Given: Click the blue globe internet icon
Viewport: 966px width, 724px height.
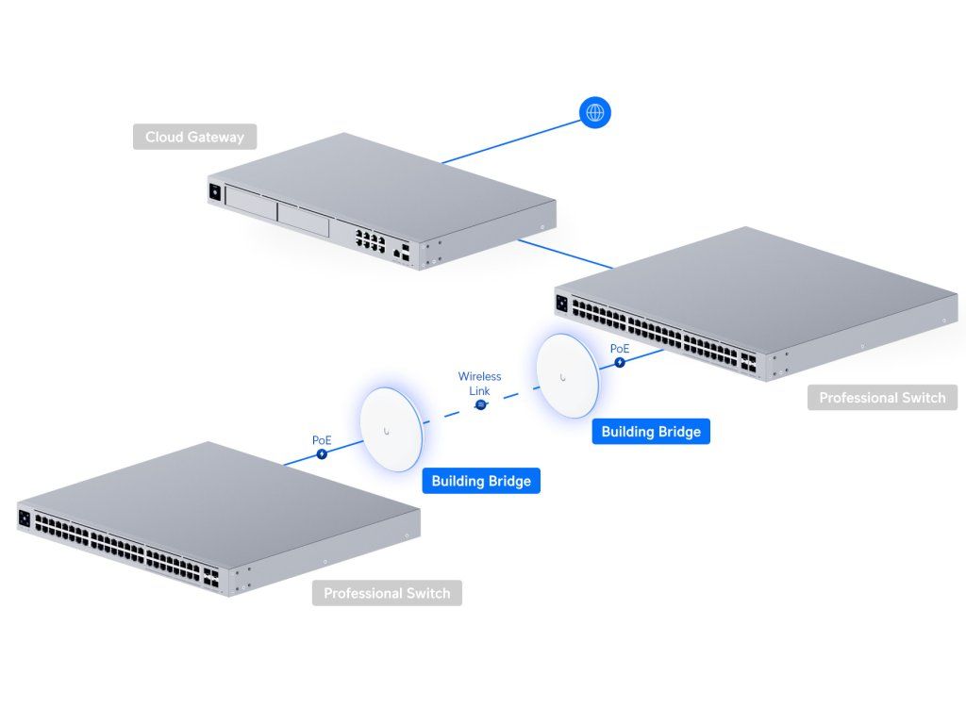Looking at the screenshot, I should coord(594,113).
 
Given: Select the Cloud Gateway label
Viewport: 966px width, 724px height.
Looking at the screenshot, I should coord(194,137).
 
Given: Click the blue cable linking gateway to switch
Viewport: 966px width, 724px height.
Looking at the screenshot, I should coord(566,254).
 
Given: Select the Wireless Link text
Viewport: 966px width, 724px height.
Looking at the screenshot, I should coord(479,383).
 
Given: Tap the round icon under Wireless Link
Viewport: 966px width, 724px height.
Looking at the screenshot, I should coord(480,404).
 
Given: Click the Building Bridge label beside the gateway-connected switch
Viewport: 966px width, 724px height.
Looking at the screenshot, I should coord(651,432).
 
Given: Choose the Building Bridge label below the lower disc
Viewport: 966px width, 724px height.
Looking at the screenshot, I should coord(481,481).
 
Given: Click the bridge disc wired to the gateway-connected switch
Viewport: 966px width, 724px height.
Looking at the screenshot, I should coord(564,375).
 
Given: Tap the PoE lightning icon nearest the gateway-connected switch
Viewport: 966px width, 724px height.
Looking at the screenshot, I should coord(620,362).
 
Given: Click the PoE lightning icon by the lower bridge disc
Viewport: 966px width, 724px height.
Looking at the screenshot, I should coord(323,453).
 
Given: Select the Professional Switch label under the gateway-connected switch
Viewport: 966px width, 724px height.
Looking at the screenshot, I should coord(882,398).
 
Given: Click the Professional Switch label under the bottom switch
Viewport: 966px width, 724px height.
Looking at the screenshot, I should coord(387,594).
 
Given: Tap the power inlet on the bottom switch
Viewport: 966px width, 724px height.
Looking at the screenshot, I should coord(25,517).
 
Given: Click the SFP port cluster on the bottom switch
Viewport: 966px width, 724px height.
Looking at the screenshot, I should coord(208,576).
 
